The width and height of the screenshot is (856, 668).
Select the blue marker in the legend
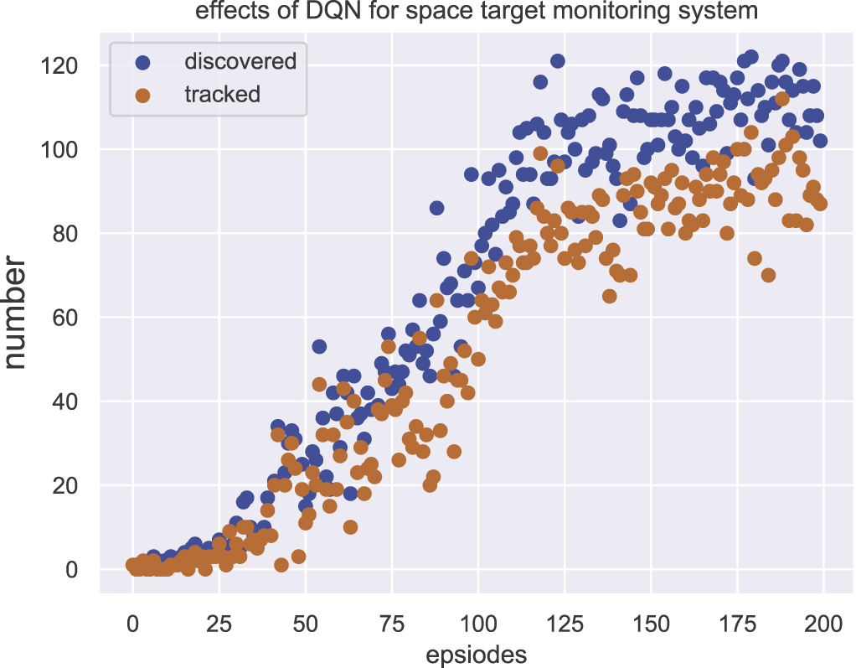tap(142, 61)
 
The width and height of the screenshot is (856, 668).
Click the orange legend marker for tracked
tap(142, 95)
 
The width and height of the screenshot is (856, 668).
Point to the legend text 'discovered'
tap(240, 61)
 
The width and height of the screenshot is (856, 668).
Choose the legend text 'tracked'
tap(222, 95)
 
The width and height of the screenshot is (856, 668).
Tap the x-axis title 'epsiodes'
tap(477, 654)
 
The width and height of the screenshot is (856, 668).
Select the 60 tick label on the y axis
tap(69, 318)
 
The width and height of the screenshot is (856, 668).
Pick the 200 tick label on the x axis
tap(822, 624)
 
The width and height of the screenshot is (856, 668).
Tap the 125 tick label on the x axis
tap(565, 624)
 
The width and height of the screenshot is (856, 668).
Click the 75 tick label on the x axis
tap(391, 624)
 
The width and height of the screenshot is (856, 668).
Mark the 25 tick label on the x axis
tap(219, 624)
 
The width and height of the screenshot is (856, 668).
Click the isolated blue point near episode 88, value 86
tap(436, 208)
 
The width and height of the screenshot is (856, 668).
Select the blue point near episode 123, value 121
tap(557, 61)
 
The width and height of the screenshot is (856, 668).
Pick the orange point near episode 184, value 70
tap(768, 275)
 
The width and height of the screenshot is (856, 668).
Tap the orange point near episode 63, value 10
tap(350, 527)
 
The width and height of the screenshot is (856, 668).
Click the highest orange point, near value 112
tap(781, 99)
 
